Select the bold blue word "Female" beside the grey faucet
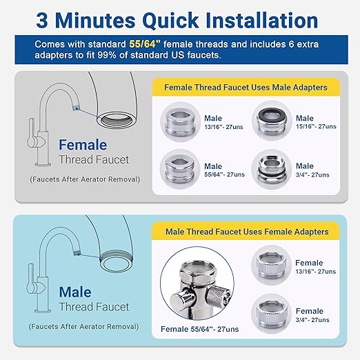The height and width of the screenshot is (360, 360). pyautogui.click(x=83, y=146)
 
